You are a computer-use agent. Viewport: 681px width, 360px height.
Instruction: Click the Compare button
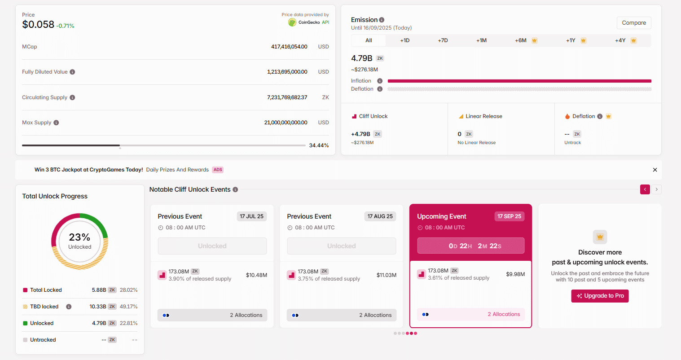click(x=634, y=23)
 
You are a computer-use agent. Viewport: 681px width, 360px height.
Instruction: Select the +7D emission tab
click(x=443, y=40)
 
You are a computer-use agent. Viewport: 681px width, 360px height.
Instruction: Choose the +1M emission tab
click(x=481, y=40)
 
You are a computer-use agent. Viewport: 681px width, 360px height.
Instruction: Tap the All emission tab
click(x=369, y=40)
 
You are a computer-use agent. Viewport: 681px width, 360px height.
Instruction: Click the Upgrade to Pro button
click(x=600, y=296)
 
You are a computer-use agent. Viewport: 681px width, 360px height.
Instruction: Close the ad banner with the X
click(x=655, y=170)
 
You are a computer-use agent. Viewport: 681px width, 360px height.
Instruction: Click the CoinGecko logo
click(x=292, y=22)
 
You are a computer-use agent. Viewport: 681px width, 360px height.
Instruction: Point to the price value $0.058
click(x=38, y=25)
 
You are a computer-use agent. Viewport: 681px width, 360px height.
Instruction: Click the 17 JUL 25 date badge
click(x=251, y=216)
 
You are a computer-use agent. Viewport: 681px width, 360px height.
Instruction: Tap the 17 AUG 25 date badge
click(x=380, y=216)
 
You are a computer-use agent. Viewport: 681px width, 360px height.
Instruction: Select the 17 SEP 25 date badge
click(x=509, y=216)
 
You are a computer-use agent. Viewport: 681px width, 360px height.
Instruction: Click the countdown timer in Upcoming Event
click(x=470, y=246)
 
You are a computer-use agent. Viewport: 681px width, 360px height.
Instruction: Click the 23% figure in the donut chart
click(x=79, y=237)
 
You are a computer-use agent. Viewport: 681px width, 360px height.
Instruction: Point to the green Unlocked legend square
click(x=25, y=323)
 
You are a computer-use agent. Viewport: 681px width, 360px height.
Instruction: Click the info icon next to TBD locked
click(x=69, y=307)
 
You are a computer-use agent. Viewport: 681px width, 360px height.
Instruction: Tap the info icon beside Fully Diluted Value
click(x=72, y=72)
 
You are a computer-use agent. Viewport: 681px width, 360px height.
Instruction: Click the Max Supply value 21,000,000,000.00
click(x=286, y=123)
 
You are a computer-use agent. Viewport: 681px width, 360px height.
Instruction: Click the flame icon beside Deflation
click(x=567, y=116)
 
